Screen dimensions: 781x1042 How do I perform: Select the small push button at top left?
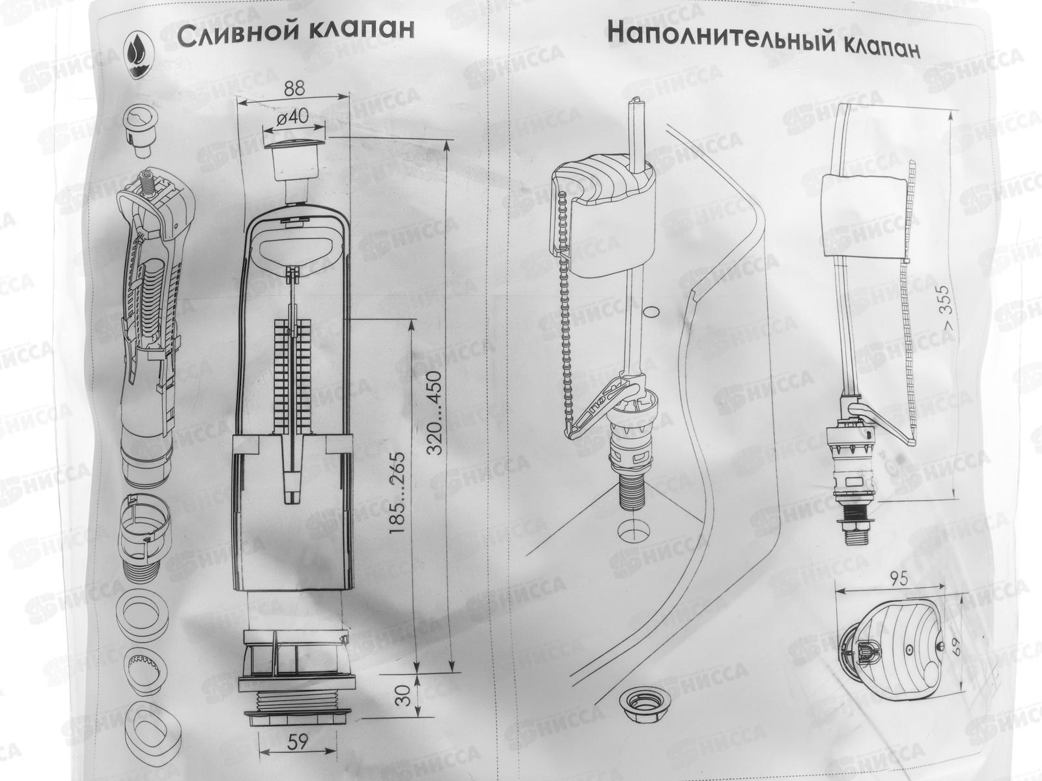click(139, 130)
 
